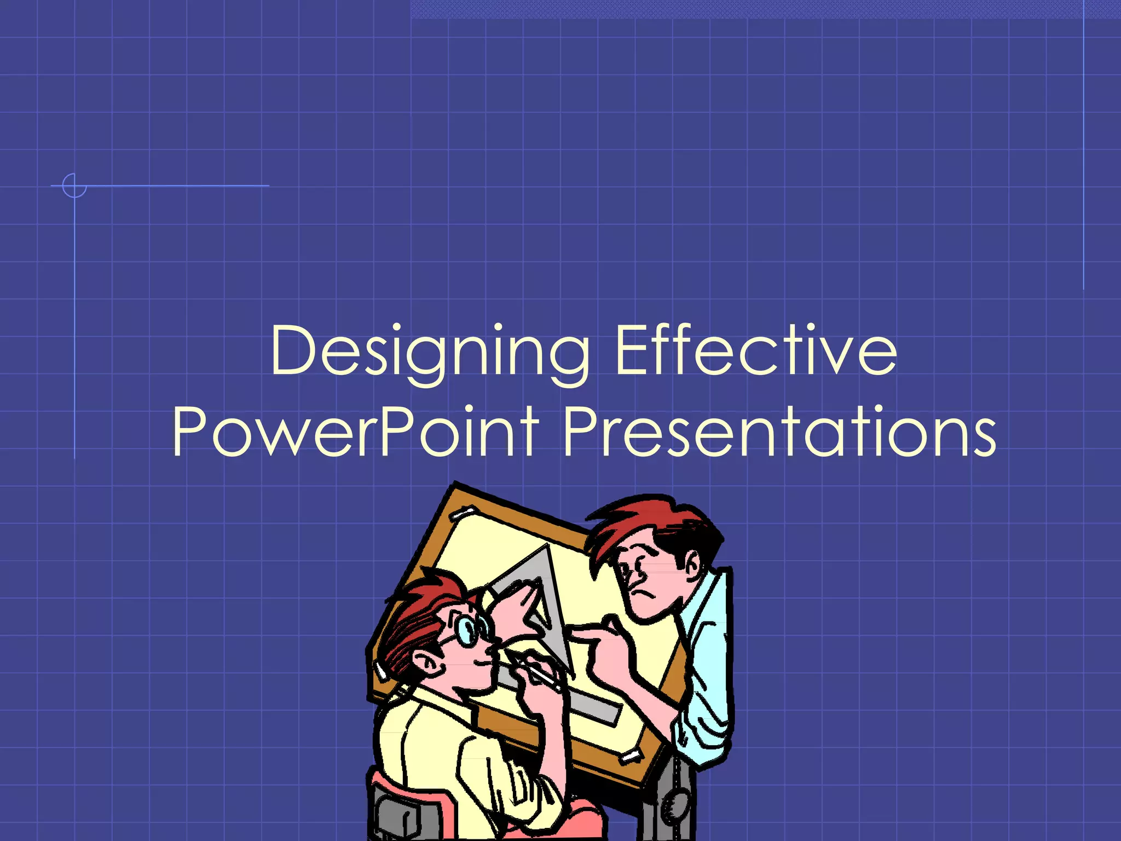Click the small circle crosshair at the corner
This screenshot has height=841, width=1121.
[74, 186]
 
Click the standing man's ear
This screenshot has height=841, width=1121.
[691, 564]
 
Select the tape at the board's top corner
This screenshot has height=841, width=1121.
[463, 513]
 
